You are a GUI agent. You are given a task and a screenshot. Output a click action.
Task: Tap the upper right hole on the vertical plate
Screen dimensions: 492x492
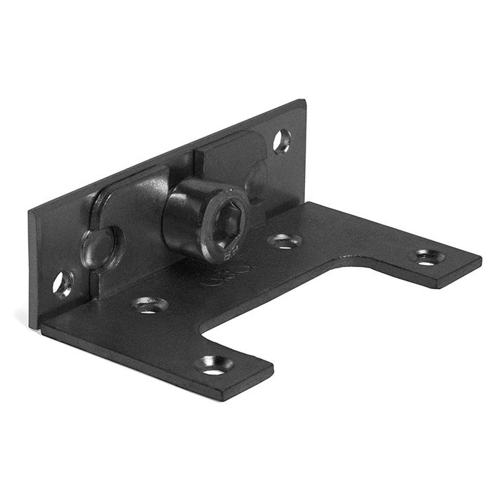point(282,141)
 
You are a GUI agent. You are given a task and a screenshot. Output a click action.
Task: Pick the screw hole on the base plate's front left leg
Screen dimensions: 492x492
point(215,364)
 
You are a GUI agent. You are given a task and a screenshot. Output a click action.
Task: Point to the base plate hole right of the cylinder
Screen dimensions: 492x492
point(285,241)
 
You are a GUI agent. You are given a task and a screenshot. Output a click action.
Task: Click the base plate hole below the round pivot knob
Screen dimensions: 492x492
point(150,305)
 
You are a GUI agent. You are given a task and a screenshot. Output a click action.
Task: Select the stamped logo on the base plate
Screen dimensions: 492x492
point(224,275)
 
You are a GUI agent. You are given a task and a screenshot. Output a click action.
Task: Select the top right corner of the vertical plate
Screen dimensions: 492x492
point(304,102)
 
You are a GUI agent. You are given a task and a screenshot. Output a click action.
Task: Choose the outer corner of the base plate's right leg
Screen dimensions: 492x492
point(480,259)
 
